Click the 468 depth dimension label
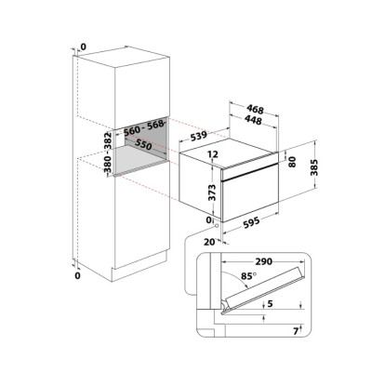[x=255, y=110]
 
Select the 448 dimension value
[x=253, y=120]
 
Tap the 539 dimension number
[x=198, y=136]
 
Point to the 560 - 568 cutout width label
[x=143, y=127]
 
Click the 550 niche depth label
[x=143, y=145]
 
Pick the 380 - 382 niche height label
[x=108, y=153]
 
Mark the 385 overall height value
[x=314, y=167]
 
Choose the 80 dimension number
[x=292, y=162]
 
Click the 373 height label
[x=212, y=193]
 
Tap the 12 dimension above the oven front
[x=214, y=153]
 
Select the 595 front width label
[x=251, y=223]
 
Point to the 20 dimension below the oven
[x=210, y=242]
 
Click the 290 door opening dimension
[x=264, y=261]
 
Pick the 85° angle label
[x=249, y=276]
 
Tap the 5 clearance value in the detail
[x=270, y=304]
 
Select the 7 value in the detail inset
[x=296, y=331]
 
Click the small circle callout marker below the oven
[x=216, y=226]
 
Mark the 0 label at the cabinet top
[x=84, y=46]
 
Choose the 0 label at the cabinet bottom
[x=77, y=275]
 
